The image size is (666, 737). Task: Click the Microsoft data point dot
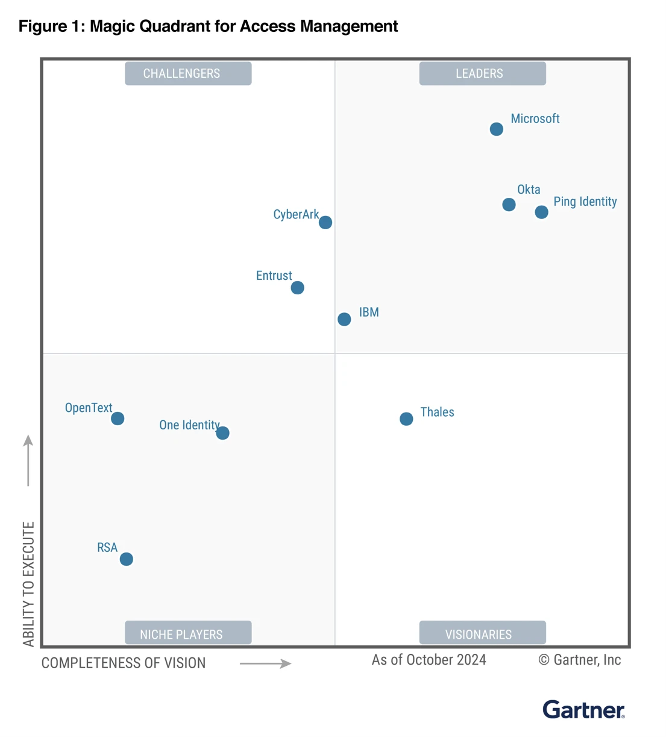click(x=496, y=129)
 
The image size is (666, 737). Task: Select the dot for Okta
click(x=509, y=205)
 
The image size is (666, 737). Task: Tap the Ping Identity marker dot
click(x=541, y=212)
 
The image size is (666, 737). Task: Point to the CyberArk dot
click(x=325, y=223)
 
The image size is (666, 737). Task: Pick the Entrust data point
click(x=297, y=288)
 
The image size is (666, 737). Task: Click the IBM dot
click(x=344, y=319)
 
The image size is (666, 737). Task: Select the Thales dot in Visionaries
click(x=406, y=419)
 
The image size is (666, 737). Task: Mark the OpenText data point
click(x=118, y=419)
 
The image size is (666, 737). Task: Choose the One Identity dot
click(x=222, y=433)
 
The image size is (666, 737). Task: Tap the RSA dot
click(x=126, y=559)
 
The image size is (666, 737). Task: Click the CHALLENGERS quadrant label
click(x=188, y=74)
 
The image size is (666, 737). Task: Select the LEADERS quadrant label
click(x=482, y=74)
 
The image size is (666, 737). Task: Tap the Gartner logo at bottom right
click(x=583, y=710)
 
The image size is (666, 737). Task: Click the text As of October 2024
click(x=429, y=660)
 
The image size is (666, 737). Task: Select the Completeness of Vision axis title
click(x=124, y=663)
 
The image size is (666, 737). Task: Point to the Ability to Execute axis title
click(x=28, y=584)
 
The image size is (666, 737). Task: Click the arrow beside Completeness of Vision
click(x=266, y=663)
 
